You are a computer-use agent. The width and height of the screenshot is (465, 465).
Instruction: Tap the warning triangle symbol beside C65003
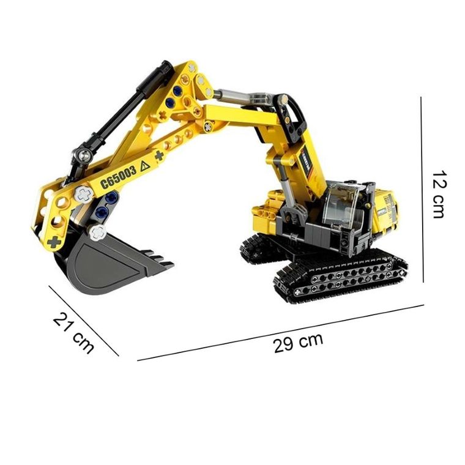click(146, 165)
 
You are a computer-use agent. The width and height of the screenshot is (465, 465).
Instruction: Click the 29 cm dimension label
click(298, 341)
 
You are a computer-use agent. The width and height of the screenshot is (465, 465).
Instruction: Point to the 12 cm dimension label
click(439, 195)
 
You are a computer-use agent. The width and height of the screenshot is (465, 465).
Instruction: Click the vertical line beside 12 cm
click(423, 190)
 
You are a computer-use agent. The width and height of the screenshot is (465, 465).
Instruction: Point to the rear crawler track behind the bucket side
click(254, 248)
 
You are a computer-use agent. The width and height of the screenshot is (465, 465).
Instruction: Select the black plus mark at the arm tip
click(54, 242)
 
